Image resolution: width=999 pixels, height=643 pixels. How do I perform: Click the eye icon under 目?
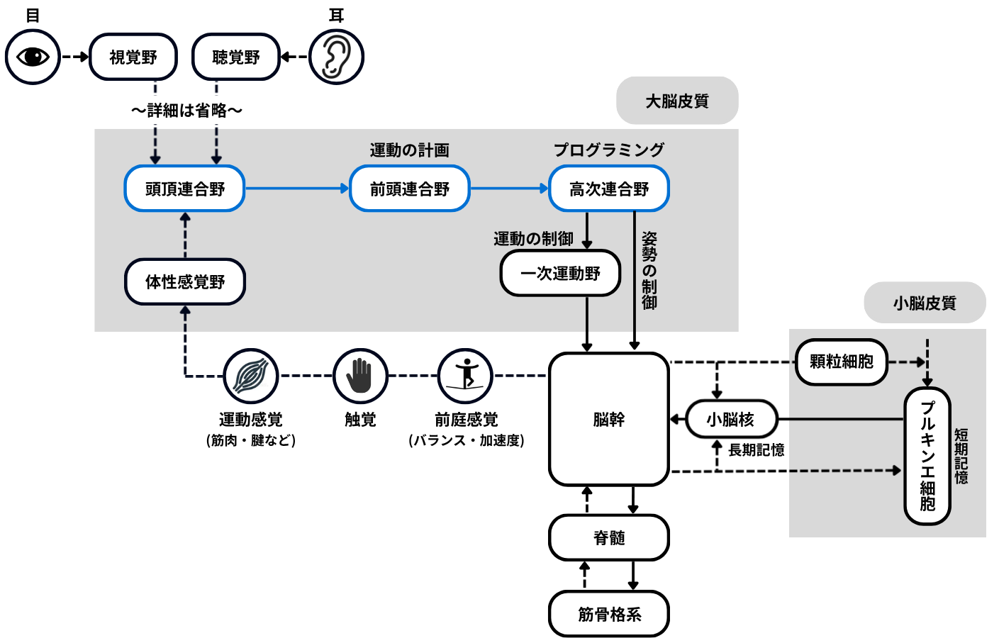point(33,57)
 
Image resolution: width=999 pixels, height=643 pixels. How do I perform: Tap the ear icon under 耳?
point(337,57)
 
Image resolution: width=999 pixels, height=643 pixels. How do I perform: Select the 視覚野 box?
point(133,57)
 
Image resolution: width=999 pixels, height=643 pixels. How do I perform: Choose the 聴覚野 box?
point(236,57)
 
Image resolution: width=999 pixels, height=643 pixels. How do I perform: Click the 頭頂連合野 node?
point(184,189)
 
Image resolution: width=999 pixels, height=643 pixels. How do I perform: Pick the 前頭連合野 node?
point(410,189)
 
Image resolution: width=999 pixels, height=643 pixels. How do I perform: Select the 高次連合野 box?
point(609,189)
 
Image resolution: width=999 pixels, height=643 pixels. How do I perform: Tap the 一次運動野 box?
point(560,273)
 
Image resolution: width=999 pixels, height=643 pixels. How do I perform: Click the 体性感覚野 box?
point(185,281)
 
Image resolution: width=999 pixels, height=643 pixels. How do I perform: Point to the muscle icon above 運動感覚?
point(251,376)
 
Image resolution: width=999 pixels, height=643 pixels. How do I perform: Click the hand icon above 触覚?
point(360,376)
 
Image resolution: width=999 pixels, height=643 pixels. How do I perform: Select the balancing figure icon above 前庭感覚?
point(466,376)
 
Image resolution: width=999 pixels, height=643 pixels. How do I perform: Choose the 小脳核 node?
point(730,419)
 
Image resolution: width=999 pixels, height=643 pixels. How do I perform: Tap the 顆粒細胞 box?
point(841,362)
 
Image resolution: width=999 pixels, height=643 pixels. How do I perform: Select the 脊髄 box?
point(609,537)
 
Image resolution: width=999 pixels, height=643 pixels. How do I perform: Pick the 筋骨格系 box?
point(609,614)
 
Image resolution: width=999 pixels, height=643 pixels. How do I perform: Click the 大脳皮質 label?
point(677,101)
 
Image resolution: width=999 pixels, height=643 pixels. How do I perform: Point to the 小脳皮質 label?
point(925,303)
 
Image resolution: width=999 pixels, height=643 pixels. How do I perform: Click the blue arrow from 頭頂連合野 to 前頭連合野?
point(297,189)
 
